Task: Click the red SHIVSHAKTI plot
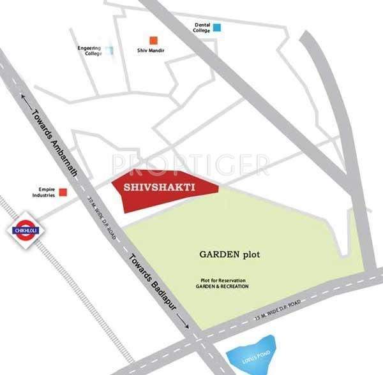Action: (163, 189)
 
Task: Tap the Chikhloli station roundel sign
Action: (24, 231)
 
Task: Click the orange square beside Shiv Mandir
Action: (153, 40)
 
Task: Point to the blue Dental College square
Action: (218, 27)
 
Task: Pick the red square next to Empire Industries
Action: (63, 192)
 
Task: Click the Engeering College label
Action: (89, 50)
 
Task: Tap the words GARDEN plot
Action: (221, 254)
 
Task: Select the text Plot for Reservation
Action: (222, 281)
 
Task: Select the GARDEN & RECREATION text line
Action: (222, 287)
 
